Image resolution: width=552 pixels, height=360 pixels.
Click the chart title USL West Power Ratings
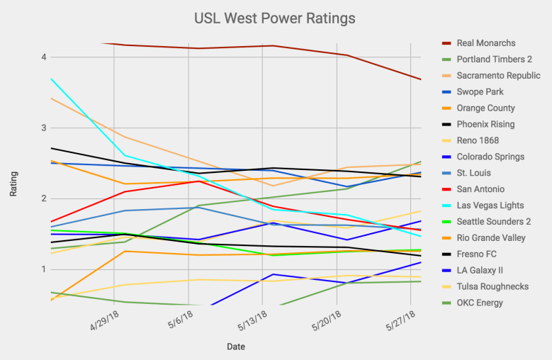275,17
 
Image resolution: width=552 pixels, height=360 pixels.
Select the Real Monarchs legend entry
486,43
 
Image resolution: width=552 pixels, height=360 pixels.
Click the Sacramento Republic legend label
498,76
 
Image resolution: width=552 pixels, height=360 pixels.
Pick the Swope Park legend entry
481,92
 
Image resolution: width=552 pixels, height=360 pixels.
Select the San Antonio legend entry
481,189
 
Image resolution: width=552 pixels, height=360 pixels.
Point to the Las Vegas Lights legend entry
490,206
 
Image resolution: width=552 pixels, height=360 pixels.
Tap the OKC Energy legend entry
480,303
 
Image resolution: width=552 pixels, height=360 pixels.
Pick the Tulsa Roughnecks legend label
492,287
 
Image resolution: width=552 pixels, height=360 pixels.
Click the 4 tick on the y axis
43,57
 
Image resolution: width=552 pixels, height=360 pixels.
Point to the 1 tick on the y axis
43,269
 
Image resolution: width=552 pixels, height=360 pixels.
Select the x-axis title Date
236,347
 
